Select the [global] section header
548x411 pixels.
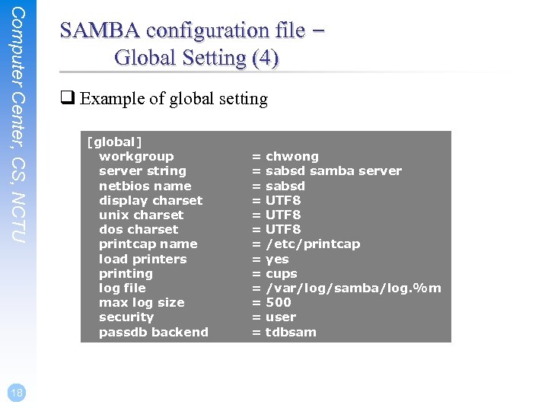pos(114,142)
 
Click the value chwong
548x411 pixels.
pos(292,156)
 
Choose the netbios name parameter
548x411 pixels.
pos(145,186)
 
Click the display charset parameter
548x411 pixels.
pos(151,200)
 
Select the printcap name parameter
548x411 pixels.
pos(148,244)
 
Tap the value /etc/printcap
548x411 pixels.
pos(313,244)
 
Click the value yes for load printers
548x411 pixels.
pos(277,259)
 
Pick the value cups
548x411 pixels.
pos(282,273)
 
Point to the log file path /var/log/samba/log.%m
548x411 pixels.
pos(353,288)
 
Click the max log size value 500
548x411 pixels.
pos(279,302)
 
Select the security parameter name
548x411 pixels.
pos(126,317)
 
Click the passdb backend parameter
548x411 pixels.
pos(153,332)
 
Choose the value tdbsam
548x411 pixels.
pos(291,332)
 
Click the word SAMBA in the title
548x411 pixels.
pos(100,30)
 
